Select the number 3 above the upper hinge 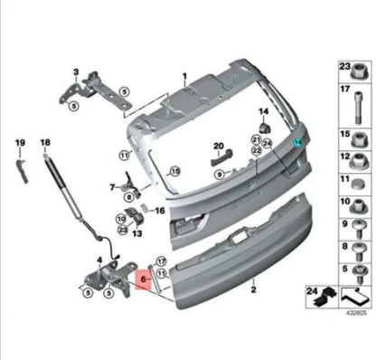pos(76,71)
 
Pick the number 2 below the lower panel pos(255,291)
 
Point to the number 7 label pos(114,187)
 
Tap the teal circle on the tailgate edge pos(297,142)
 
